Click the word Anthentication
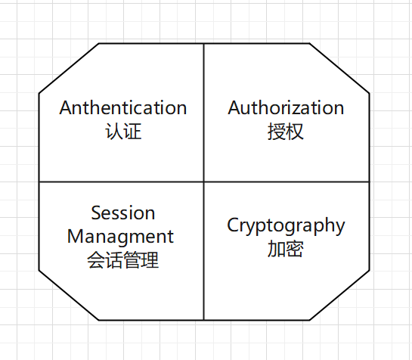pyautogui.click(x=123, y=107)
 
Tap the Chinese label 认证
pyautogui.click(x=123, y=132)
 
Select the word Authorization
pyautogui.click(x=286, y=107)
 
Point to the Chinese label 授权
pyautogui.click(x=286, y=132)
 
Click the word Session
pyautogui.click(x=123, y=213)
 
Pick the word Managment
pyautogui.click(x=120, y=237)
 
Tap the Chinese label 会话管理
pyautogui.click(x=123, y=260)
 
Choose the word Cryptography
pyautogui.click(x=286, y=225)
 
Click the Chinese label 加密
pyautogui.click(x=286, y=249)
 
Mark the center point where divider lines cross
pyautogui.click(x=203, y=182)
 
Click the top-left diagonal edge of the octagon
pyautogui.click(x=69, y=68)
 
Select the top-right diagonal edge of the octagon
pyautogui.click(x=339, y=68)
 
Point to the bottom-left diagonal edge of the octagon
pyautogui.click(x=69, y=295)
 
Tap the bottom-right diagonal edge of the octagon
pyautogui.click(x=339, y=295)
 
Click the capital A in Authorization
pyautogui.click(x=234, y=107)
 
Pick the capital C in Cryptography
pyautogui.click(x=233, y=225)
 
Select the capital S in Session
pyautogui.click(x=96, y=213)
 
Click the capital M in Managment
pyautogui.click(x=75, y=236)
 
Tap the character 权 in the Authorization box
pyautogui.click(x=295, y=132)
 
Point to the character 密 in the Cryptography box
pyautogui.click(x=295, y=249)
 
